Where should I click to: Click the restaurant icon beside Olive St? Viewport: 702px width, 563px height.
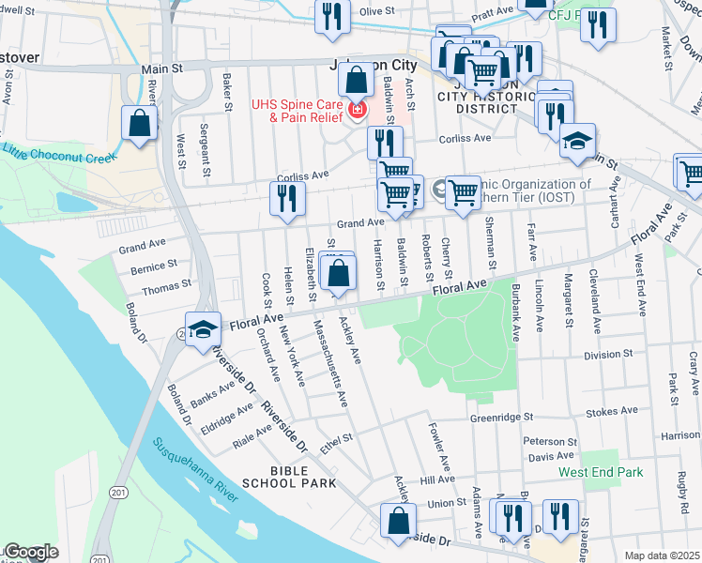(332, 18)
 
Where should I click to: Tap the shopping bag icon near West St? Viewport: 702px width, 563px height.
(140, 124)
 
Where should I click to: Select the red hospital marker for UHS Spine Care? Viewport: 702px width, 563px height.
(357, 111)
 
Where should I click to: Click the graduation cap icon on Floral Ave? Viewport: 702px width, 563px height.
(202, 329)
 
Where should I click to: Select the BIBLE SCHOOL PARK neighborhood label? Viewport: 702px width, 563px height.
(289, 476)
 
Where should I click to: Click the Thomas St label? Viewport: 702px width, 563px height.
(167, 282)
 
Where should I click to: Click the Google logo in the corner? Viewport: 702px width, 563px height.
(30, 552)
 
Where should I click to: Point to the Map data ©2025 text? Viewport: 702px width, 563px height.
(663, 555)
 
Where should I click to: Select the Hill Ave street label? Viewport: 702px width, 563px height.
(437, 479)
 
